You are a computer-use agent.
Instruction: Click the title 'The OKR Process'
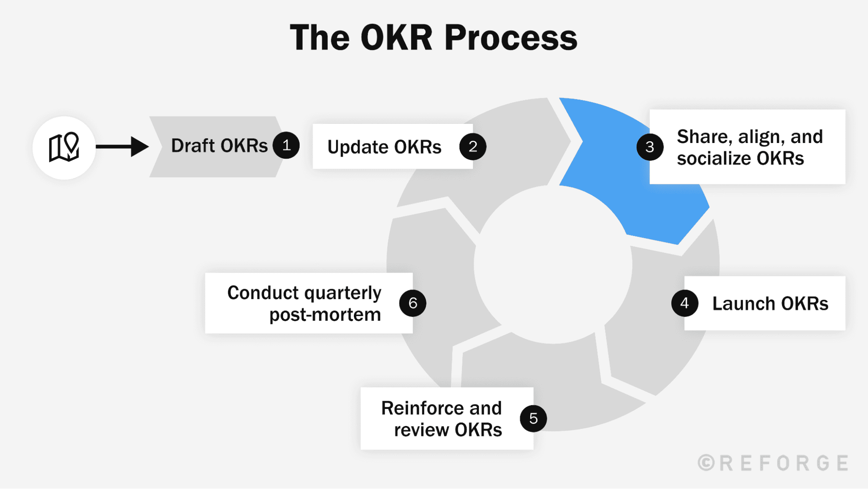[433, 38]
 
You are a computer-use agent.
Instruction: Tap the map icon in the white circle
[64, 147]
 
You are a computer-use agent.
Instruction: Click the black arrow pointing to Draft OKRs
[122, 146]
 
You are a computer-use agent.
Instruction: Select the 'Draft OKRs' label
[219, 146]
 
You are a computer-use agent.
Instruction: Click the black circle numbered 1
[286, 145]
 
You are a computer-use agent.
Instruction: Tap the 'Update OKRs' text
[384, 147]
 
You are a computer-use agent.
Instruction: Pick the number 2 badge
[472, 146]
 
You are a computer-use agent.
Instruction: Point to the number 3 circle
[650, 147]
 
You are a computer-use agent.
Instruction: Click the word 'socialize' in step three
[714, 158]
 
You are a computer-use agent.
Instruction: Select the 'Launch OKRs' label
[770, 303]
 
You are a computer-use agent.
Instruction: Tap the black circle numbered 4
[684, 303]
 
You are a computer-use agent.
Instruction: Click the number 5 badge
[533, 418]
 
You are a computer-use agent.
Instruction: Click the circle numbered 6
[413, 303]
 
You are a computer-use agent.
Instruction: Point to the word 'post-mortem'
[325, 314]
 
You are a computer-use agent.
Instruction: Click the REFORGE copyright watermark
[773, 463]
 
